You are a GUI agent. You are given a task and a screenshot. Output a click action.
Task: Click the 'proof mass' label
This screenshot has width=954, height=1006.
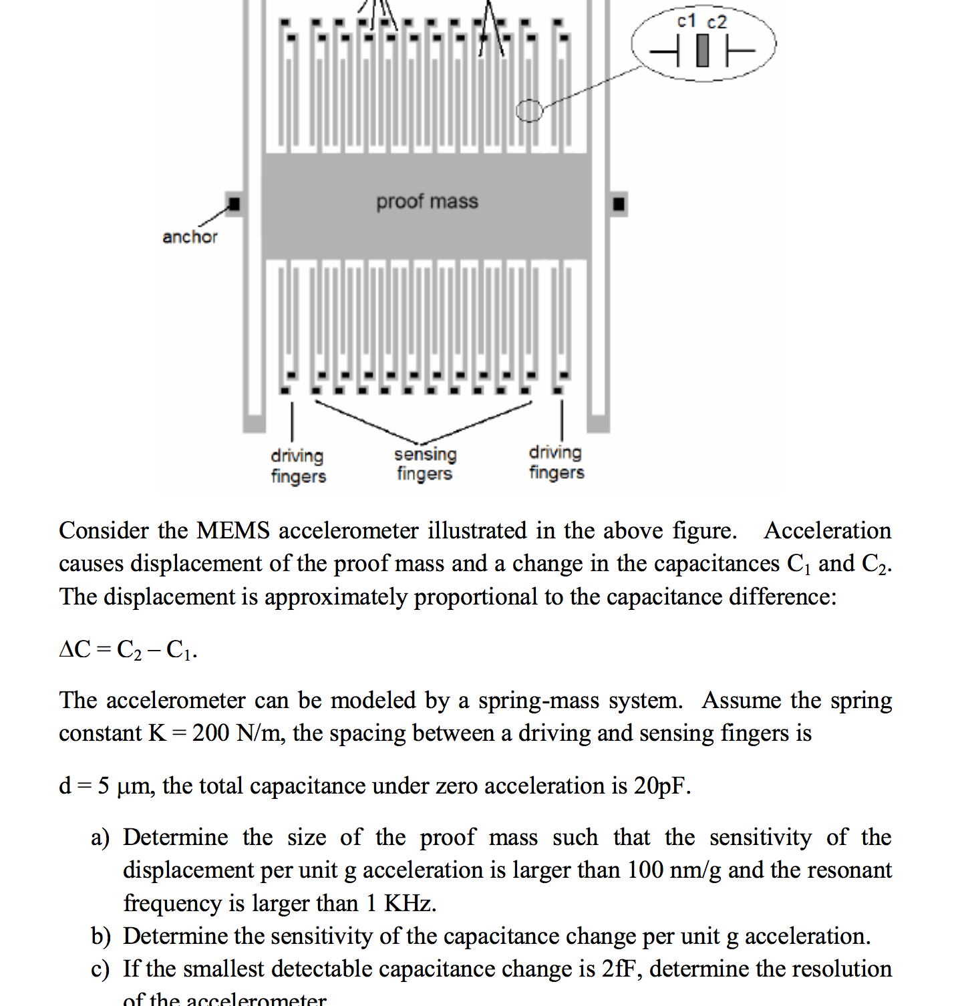coord(427,201)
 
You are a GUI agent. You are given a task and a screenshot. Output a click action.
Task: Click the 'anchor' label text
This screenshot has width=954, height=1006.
coord(190,237)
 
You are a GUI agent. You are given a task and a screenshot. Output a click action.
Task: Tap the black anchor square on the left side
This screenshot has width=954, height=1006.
coord(234,204)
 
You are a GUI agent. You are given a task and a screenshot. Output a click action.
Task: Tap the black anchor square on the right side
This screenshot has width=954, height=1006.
coord(619,204)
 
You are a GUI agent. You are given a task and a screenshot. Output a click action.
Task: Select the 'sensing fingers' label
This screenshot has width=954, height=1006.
coord(425,464)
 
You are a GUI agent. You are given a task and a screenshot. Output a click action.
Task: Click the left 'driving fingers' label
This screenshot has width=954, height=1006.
coord(298,466)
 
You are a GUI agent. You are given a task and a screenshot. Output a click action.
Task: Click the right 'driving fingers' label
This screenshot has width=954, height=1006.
coord(556,462)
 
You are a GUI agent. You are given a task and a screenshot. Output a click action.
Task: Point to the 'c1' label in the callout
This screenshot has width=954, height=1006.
coord(687,21)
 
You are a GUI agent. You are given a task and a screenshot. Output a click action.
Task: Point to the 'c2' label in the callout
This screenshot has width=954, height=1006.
coord(717,22)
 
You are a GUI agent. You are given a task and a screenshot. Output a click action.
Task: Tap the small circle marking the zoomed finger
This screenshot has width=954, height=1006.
coord(530,110)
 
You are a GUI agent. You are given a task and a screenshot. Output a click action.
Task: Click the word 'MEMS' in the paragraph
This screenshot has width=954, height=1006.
coord(233,530)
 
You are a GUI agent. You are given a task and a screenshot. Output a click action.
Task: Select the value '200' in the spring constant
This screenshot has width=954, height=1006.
coord(210,733)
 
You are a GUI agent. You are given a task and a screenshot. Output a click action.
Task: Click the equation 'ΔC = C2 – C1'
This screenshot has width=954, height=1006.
coord(128,649)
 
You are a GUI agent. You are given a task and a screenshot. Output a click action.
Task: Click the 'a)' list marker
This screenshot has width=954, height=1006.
coord(100,838)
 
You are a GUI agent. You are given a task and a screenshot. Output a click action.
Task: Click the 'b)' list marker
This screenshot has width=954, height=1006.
coord(101,937)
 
